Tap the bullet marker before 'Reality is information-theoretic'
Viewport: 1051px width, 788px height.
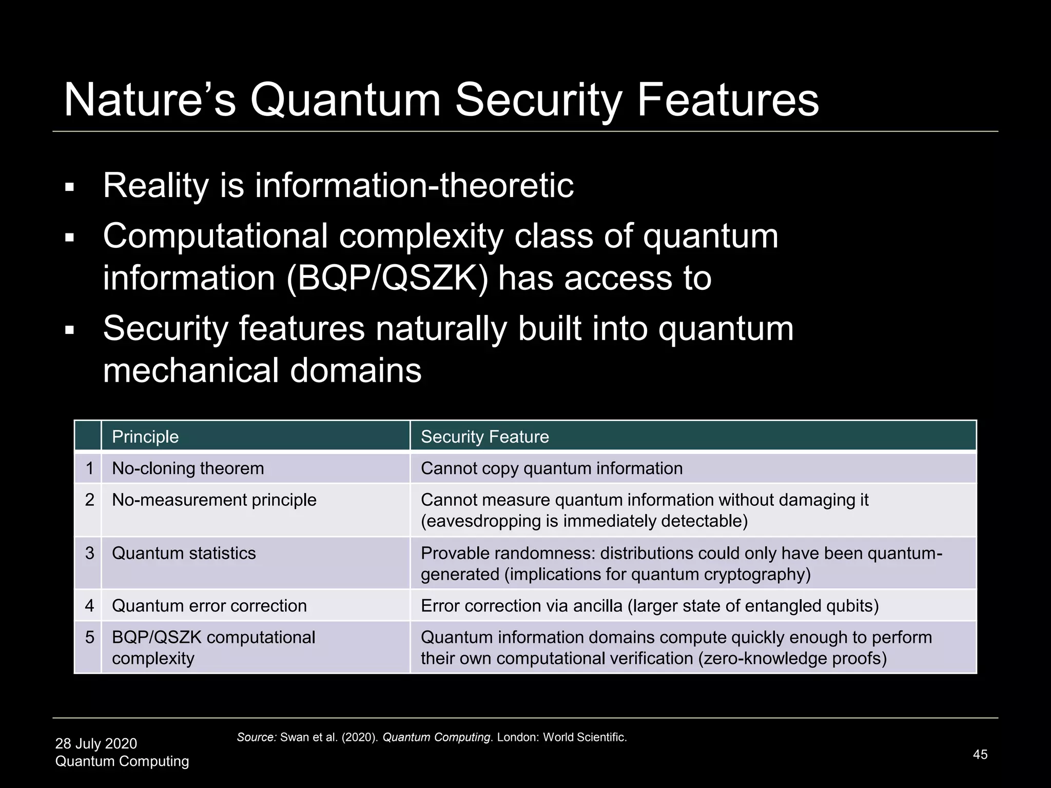(70, 188)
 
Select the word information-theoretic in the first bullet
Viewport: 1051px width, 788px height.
(414, 185)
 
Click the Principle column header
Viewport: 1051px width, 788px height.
(145, 437)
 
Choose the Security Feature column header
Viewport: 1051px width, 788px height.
(484, 437)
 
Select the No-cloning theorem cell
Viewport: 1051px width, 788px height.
(188, 468)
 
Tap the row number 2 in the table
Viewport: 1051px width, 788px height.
(90, 500)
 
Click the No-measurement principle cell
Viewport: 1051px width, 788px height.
(214, 500)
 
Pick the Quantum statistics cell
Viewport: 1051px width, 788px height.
(184, 553)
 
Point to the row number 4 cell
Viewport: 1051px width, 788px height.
(90, 606)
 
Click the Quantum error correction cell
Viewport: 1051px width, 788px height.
(209, 606)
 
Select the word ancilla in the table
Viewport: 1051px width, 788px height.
(597, 606)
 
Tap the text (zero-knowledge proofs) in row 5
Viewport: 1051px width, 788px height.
(792, 658)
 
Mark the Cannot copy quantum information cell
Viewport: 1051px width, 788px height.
(552, 468)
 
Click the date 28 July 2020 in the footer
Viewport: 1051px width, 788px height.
(96, 743)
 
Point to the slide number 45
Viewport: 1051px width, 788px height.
(980, 755)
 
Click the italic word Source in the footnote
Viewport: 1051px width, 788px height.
(256, 738)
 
